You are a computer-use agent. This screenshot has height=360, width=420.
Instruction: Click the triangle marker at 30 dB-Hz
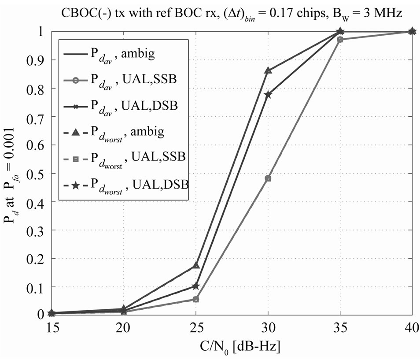(268, 70)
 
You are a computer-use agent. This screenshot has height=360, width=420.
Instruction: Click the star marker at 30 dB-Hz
(268, 94)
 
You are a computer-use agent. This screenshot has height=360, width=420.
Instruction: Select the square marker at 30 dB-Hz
(268, 178)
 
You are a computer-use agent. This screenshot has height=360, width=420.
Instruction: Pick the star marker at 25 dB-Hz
(196, 286)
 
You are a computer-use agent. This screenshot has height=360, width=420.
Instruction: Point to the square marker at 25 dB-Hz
(196, 299)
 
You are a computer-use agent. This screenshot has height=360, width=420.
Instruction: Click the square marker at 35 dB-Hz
(340, 40)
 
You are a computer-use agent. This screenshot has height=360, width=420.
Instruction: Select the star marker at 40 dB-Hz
(412, 31)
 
